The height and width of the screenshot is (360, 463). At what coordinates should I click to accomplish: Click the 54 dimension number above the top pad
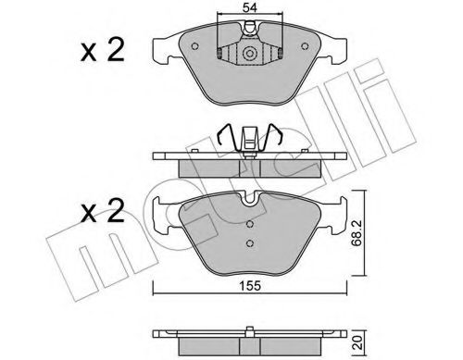tap(249, 8)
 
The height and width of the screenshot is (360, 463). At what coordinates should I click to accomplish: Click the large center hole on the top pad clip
tap(248, 55)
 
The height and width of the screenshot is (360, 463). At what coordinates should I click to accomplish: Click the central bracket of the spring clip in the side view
tap(250, 141)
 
